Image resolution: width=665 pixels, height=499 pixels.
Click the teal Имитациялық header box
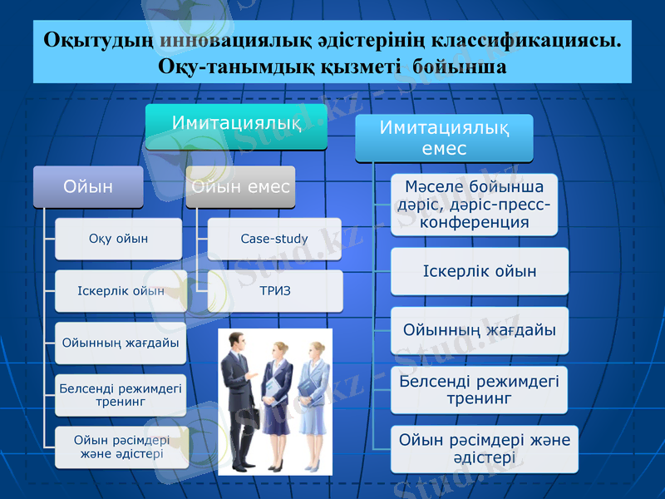point(236,126)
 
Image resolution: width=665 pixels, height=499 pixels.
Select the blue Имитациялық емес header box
point(444,138)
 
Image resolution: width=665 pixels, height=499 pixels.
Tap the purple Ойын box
point(88,187)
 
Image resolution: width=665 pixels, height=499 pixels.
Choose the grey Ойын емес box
point(240,187)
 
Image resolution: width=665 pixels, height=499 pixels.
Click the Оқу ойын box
point(118,239)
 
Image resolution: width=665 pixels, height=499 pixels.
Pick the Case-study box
point(274,239)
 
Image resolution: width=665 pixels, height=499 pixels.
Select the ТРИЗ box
point(274,290)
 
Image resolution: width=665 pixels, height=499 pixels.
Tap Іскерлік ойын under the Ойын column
point(120,291)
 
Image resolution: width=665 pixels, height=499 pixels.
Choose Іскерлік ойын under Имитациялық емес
point(480,271)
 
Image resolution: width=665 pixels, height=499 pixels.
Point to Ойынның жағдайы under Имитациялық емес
point(480,330)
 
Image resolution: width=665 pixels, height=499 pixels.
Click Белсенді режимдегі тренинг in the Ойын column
point(120,394)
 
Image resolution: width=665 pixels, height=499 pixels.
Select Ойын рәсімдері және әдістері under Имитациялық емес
point(485,448)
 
